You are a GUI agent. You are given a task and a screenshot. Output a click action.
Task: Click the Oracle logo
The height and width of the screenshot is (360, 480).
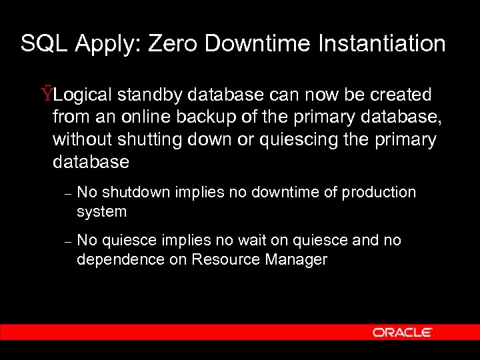click(403, 332)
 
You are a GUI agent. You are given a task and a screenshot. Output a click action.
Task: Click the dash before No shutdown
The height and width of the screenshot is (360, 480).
click(67, 194)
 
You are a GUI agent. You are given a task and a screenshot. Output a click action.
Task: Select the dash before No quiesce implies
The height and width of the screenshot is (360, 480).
click(67, 242)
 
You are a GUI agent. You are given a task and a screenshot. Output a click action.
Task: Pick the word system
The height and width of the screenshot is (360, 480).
click(101, 212)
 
